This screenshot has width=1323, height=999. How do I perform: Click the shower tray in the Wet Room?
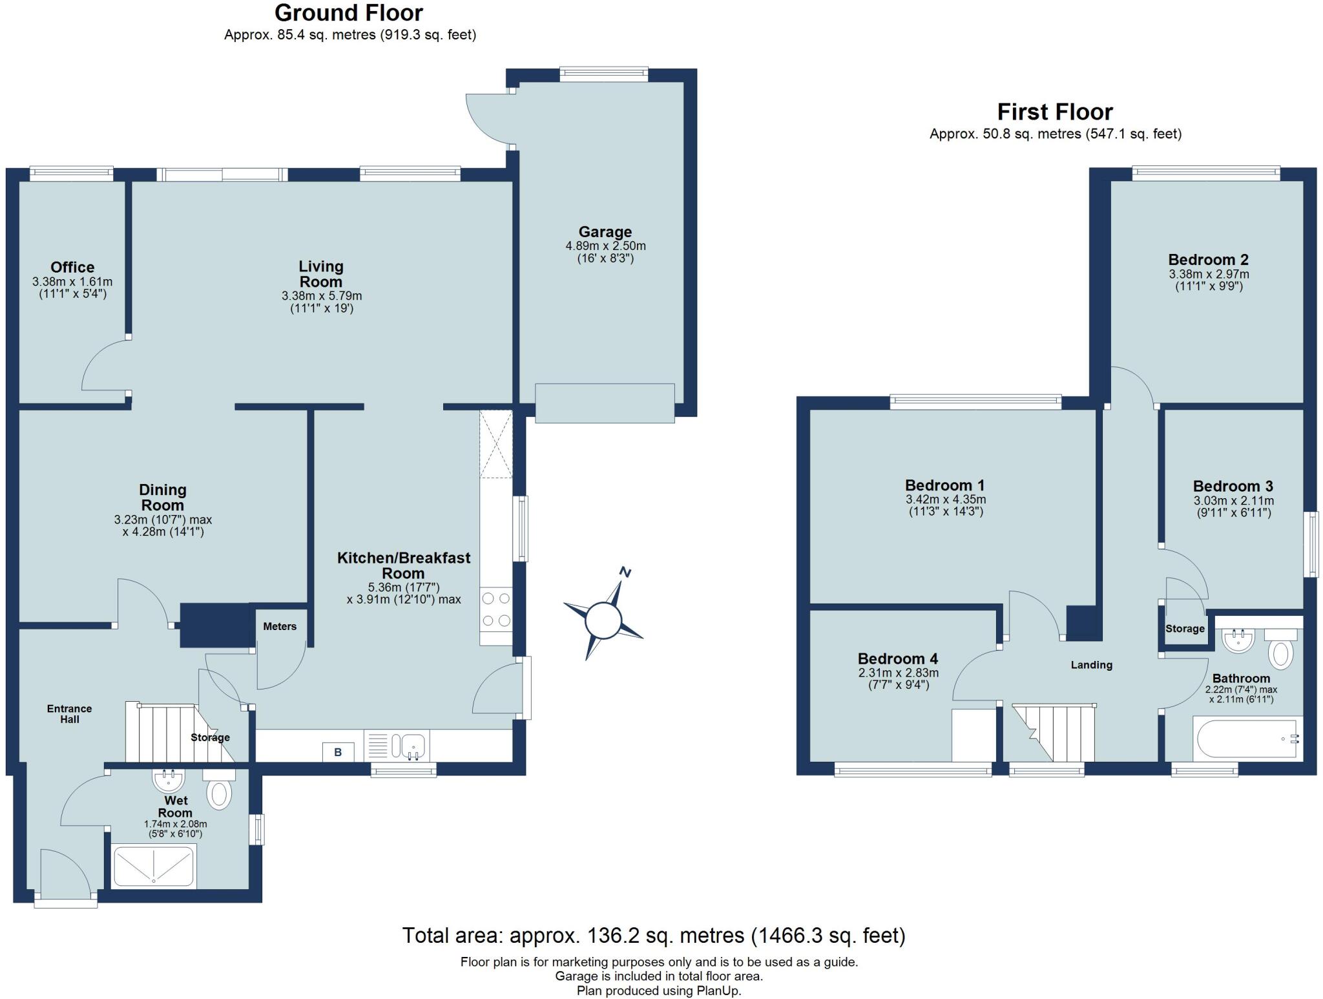tap(154, 866)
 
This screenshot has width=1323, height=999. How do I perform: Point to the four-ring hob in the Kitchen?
tap(496, 609)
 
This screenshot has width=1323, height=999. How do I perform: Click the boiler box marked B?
tap(338, 752)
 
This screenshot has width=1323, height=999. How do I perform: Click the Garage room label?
tap(605, 231)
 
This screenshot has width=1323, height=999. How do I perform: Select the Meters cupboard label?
tap(280, 626)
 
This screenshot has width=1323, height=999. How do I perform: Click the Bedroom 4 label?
tap(897, 658)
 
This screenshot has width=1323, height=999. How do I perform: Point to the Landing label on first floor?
tap(1091, 664)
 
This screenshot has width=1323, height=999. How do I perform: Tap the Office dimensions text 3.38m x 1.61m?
tap(72, 282)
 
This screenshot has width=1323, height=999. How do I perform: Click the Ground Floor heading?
tap(349, 13)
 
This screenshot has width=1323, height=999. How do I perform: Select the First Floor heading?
tap(1055, 112)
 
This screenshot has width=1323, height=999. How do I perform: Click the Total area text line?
tap(654, 935)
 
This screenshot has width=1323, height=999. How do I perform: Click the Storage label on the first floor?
tap(1185, 628)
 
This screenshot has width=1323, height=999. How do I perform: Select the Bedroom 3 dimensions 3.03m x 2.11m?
tap(1233, 500)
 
